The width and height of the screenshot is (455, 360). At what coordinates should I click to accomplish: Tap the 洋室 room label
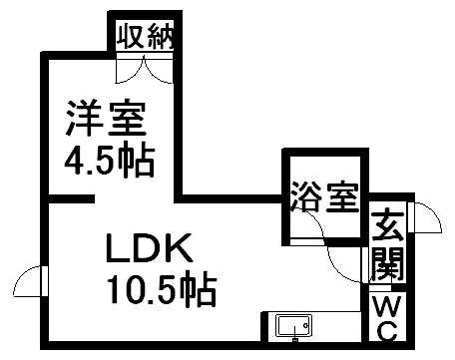107,120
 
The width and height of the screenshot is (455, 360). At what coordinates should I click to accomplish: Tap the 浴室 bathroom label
324,196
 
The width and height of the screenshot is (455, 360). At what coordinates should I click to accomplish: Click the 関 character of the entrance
386,265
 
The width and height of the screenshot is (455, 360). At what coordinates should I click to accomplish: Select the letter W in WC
386,303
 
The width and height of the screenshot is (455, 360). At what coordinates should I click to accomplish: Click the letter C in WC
386,329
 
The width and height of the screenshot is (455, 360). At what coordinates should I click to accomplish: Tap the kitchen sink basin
292,326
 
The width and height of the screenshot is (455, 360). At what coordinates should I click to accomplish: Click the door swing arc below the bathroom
344,261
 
